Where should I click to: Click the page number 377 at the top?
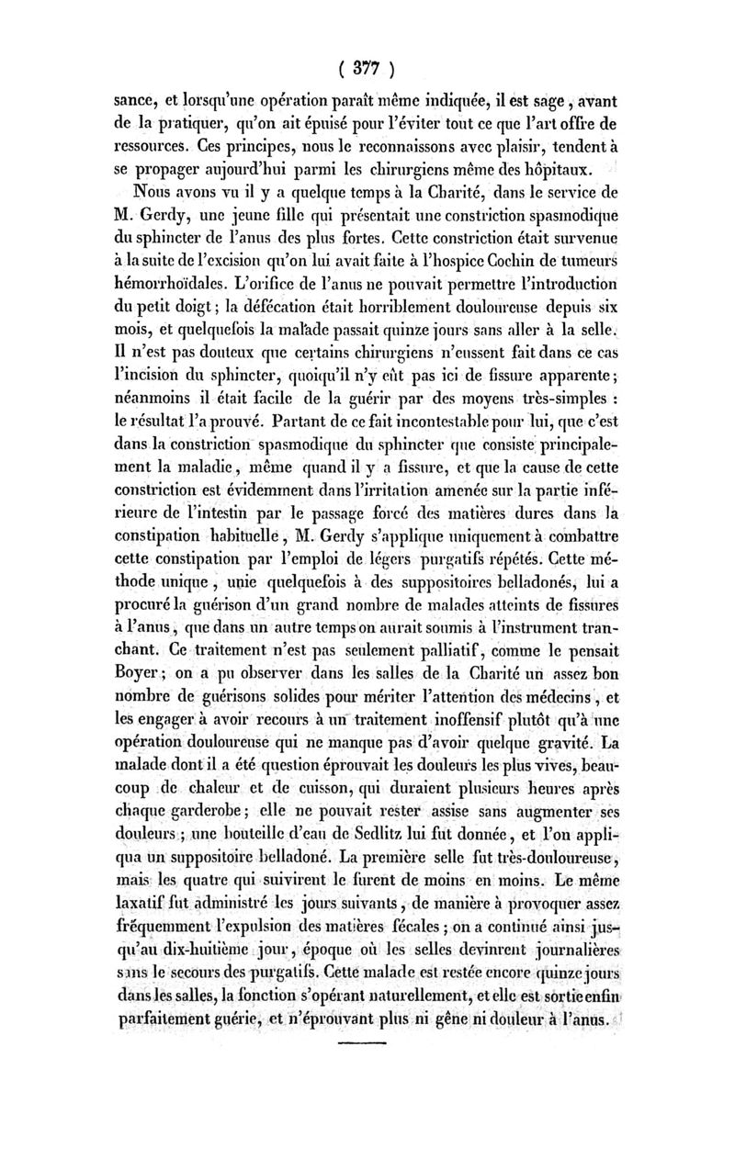coord(367,69)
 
